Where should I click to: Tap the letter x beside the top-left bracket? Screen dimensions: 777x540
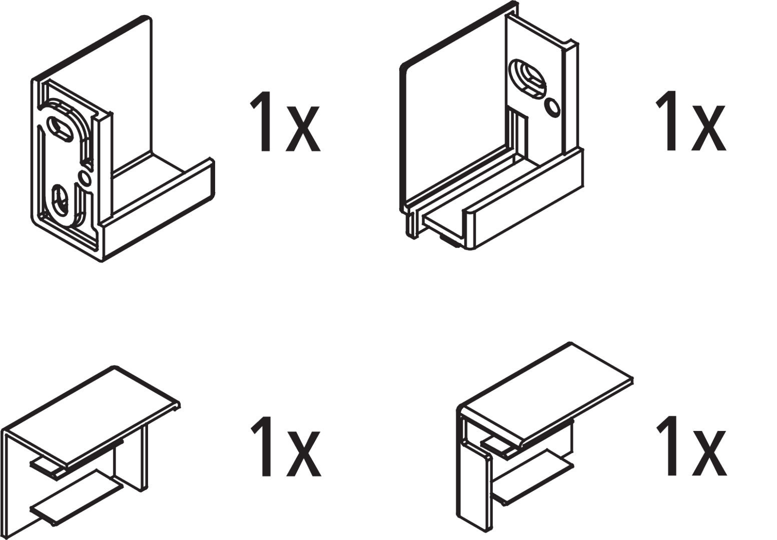(303, 129)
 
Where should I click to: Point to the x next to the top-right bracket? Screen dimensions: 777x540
(708, 128)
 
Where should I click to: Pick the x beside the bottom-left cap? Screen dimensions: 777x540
(303, 453)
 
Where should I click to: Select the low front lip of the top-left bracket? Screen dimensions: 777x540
(158, 209)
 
